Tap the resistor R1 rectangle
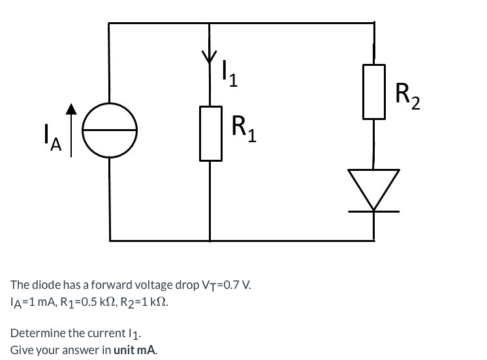pyautogui.click(x=210, y=133)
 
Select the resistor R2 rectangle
pyautogui.click(x=374, y=91)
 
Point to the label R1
pyautogui.click(x=244, y=128)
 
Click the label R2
pyautogui.click(x=408, y=96)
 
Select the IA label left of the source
pyautogui.click(x=50, y=140)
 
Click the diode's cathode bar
pyautogui.click(x=373, y=211)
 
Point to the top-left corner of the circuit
pyautogui.click(x=110, y=23)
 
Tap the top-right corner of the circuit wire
pyautogui.click(x=374, y=23)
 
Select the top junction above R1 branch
pyautogui.click(x=210, y=23)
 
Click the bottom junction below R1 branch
pyautogui.click(x=210, y=240)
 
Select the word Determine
pyautogui.click(x=33, y=334)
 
